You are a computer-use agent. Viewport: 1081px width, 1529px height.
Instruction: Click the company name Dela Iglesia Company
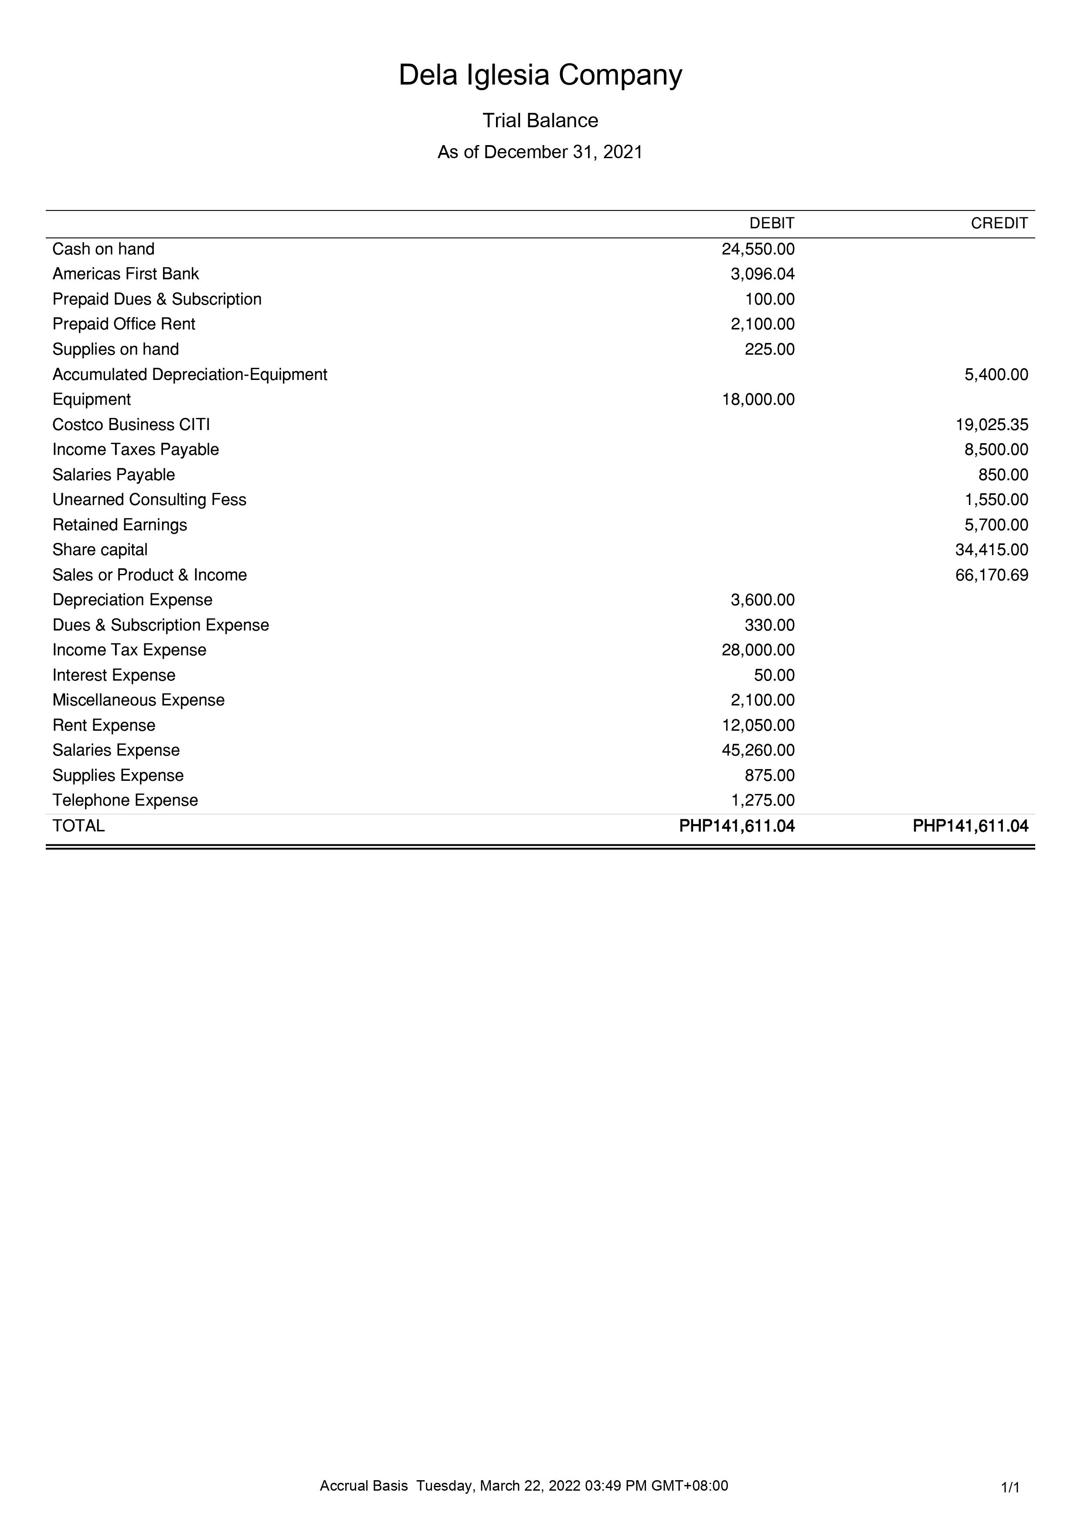[540, 75]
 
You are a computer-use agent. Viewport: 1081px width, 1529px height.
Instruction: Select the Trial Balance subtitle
[540, 121]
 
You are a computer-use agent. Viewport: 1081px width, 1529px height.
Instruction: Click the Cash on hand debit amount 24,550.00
[758, 249]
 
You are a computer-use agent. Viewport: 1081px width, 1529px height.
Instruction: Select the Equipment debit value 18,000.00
[758, 400]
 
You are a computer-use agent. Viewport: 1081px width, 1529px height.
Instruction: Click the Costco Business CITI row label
[131, 425]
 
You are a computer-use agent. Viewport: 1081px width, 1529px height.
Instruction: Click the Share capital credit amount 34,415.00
[992, 550]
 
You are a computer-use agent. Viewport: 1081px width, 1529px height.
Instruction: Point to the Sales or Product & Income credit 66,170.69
[992, 575]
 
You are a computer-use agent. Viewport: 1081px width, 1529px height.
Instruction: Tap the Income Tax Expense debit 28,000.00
[758, 651]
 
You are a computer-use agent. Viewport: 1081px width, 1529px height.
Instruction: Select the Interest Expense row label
[114, 675]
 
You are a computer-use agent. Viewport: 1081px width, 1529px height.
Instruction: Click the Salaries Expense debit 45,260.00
[758, 750]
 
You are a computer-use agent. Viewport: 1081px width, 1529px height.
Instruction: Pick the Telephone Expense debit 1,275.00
[763, 800]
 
